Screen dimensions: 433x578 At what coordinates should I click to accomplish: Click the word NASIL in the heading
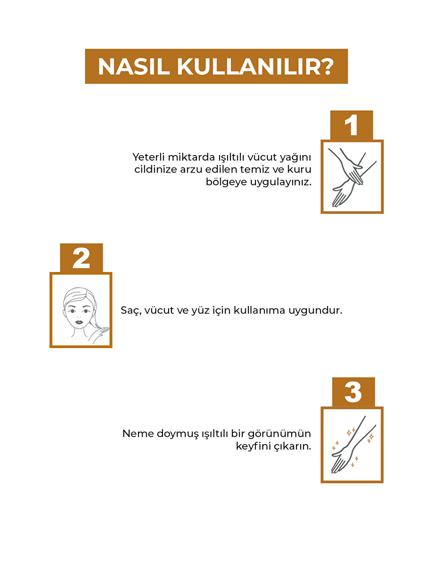coord(134,67)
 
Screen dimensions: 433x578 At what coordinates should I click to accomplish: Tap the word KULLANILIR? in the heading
coord(255,67)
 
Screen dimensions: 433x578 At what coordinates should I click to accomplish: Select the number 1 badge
coord(351,125)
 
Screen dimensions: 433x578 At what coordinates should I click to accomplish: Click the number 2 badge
coord(81,258)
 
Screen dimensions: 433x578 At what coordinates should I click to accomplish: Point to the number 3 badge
coord(353,392)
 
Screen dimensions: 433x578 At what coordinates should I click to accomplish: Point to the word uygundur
coord(315,310)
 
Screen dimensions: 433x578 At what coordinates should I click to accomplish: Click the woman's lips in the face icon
coord(79,322)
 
